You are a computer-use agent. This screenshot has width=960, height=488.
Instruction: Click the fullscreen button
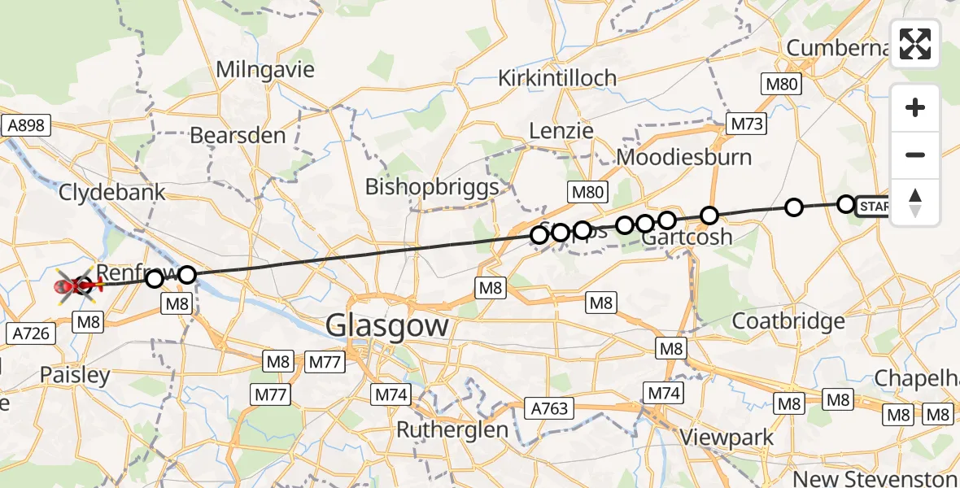[915, 44]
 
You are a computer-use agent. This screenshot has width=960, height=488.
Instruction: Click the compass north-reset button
[915, 203]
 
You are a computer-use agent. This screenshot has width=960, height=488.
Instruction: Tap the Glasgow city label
[387, 326]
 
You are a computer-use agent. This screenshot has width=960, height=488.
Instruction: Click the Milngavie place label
[265, 70]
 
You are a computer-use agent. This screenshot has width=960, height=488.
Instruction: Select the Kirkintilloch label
[557, 79]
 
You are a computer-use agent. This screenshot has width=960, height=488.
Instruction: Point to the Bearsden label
[238, 135]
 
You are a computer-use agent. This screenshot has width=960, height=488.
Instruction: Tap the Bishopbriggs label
[432, 187]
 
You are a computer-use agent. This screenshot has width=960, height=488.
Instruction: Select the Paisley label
[75, 376]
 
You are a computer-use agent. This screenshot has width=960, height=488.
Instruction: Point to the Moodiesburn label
[685, 156]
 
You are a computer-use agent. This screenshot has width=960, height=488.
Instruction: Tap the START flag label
[874, 207]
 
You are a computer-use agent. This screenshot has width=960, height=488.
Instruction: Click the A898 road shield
[27, 125]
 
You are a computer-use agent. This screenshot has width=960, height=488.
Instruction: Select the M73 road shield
[745, 124]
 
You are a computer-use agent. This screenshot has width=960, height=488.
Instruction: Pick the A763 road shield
[549, 407]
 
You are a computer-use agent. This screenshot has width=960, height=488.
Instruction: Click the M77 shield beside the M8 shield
[324, 360]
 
